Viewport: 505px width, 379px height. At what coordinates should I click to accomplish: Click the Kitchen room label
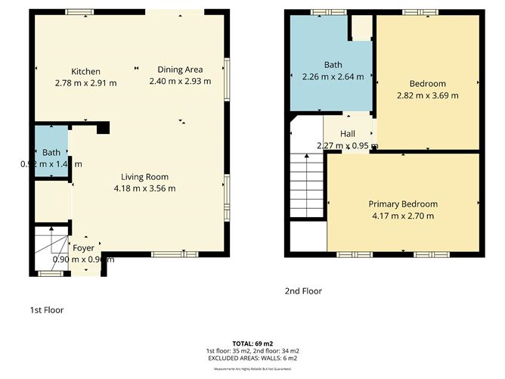click(85, 71)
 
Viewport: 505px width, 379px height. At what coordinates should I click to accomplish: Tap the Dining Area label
click(180, 70)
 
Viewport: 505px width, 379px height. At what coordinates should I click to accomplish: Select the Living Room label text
click(144, 177)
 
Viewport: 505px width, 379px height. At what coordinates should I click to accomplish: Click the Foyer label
click(82, 247)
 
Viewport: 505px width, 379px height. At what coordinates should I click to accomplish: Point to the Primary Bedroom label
click(402, 204)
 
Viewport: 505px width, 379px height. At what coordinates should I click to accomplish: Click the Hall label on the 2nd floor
click(347, 134)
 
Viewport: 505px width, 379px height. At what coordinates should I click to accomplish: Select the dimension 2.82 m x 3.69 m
click(427, 95)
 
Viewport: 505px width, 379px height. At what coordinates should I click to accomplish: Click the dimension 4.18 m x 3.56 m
click(144, 188)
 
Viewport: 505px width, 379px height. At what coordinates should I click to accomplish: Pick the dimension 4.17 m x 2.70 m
click(402, 216)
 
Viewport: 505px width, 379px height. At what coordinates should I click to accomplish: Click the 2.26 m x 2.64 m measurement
click(333, 76)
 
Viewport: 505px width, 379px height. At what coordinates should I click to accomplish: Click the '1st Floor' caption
click(46, 310)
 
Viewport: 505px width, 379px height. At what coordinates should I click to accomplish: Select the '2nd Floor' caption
click(303, 290)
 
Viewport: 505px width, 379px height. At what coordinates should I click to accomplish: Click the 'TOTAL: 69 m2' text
click(253, 343)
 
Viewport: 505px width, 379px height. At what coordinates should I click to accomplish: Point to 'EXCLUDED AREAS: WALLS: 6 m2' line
click(253, 357)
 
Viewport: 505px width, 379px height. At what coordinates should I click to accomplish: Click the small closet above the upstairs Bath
click(362, 27)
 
